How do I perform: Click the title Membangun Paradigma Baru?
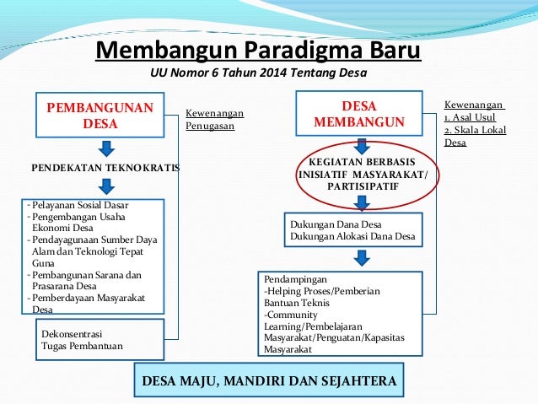pos(258,51)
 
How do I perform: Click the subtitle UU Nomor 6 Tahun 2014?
pos(258,73)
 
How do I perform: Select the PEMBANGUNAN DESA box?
pos(100,116)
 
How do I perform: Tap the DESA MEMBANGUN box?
pos(359,115)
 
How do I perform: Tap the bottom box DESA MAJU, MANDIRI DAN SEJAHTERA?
pos(268,380)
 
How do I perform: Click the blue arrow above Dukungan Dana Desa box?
pos(361,202)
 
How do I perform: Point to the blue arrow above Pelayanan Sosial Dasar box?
pos(105,186)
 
